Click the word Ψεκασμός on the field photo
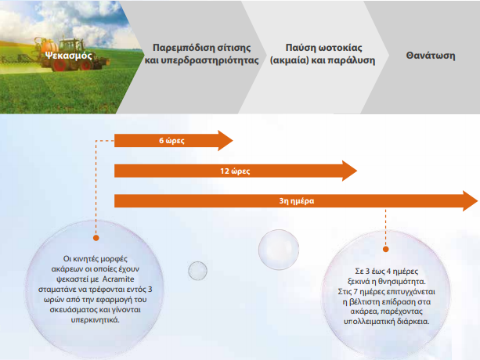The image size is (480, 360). tap(68, 56)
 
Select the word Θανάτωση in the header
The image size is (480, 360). tap(431, 56)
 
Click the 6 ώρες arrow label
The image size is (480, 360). tap(171, 141)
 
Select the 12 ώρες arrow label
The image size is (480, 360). tap(235, 171)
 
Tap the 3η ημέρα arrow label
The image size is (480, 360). tap(297, 201)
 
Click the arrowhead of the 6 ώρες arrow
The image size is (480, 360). tap(226, 141)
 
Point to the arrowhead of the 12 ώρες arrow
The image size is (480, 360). tap(349, 171)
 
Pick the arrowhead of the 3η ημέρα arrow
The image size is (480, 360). tap(470, 201)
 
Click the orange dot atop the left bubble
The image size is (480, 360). tap(96, 238)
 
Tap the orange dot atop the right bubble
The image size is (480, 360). tap(386, 250)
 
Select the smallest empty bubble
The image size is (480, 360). tap(198, 271)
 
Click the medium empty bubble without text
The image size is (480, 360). tap(279, 250)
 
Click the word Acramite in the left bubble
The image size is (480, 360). tap(118, 279)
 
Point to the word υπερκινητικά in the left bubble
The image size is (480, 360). tap(96, 320)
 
